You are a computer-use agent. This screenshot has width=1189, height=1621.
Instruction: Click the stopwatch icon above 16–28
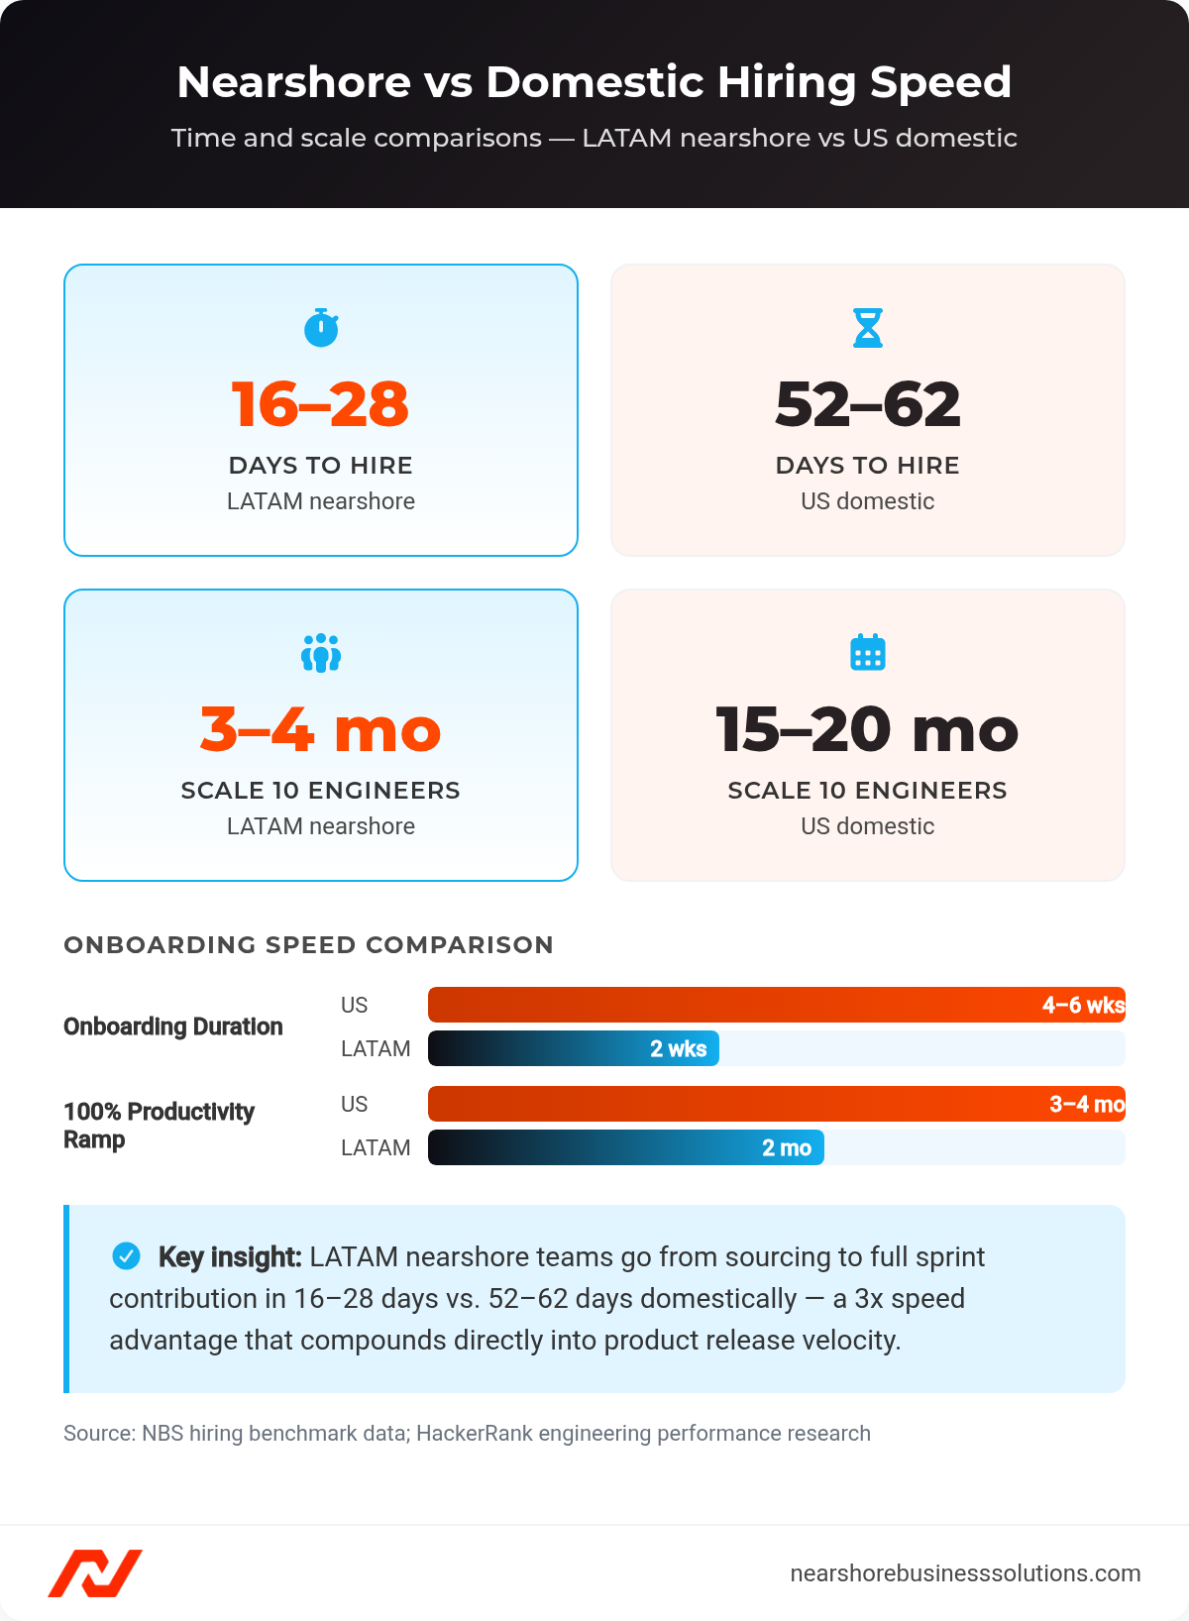[321, 328]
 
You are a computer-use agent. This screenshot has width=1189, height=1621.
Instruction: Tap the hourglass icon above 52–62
[868, 328]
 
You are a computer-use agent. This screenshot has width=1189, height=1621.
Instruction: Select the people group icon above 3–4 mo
[321, 654]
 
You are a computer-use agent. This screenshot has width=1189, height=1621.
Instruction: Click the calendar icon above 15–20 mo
[868, 653]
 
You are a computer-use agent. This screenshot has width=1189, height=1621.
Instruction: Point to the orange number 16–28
[320, 404]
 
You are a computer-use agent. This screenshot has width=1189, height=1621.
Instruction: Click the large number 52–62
[868, 404]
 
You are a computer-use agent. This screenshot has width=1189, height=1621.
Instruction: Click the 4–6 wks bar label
[1083, 1006]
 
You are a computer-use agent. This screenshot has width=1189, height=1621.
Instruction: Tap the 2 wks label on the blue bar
[679, 1049]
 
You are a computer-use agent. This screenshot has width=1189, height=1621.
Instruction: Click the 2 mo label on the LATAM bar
[787, 1148]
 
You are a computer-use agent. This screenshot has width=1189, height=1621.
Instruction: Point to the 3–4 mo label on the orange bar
[1087, 1105]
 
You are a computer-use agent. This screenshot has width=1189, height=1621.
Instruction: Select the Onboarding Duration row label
[173, 1027]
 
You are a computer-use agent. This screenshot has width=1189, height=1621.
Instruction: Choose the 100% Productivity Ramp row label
[159, 1126]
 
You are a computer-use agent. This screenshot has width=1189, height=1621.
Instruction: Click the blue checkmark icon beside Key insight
[126, 1256]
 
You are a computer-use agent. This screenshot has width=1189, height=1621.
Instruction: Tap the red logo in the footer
[95, 1573]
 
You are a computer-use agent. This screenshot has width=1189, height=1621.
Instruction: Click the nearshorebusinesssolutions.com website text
[965, 1573]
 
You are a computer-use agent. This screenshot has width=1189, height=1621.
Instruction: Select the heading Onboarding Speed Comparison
[308, 945]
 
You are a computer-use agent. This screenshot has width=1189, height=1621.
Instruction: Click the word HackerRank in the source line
[474, 1434]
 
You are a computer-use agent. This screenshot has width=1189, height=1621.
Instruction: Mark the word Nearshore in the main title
[293, 82]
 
